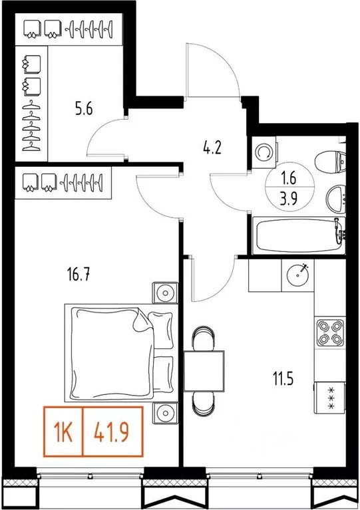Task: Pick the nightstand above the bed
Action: point(164,292)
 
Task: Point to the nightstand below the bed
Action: point(164,413)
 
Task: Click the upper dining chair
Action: point(203,338)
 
